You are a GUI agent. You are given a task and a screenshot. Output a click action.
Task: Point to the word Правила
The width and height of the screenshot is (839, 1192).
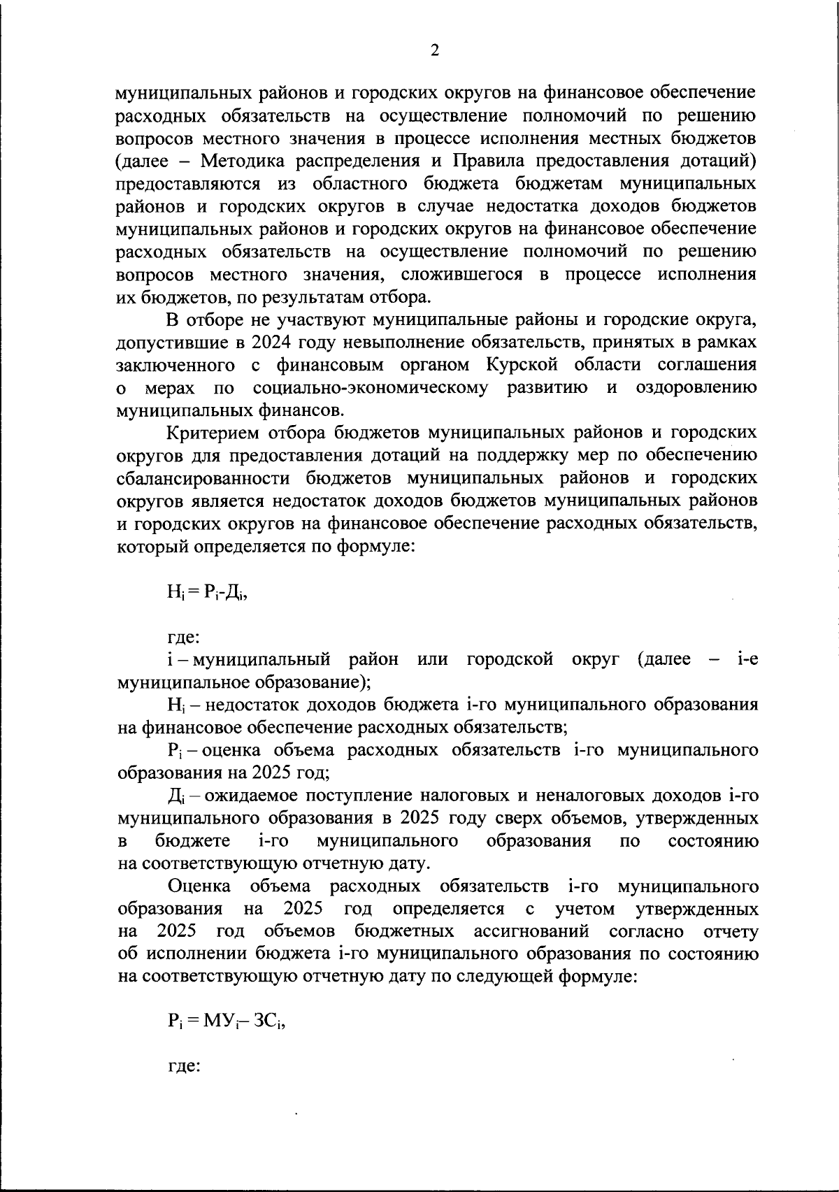[x=491, y=161]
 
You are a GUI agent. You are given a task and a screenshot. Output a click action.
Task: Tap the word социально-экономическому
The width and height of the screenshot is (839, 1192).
[x=370, y=387]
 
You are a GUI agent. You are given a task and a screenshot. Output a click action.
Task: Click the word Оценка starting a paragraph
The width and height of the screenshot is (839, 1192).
[x=201, y=886]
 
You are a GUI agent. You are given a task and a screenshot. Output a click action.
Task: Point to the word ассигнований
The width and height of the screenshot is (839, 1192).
[x=533, y=932]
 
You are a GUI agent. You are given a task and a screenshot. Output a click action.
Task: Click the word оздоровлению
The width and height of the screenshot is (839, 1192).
[x=696, y=387]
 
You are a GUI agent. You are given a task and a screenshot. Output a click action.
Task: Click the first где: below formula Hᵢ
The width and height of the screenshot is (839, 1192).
[x=185, y=637]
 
